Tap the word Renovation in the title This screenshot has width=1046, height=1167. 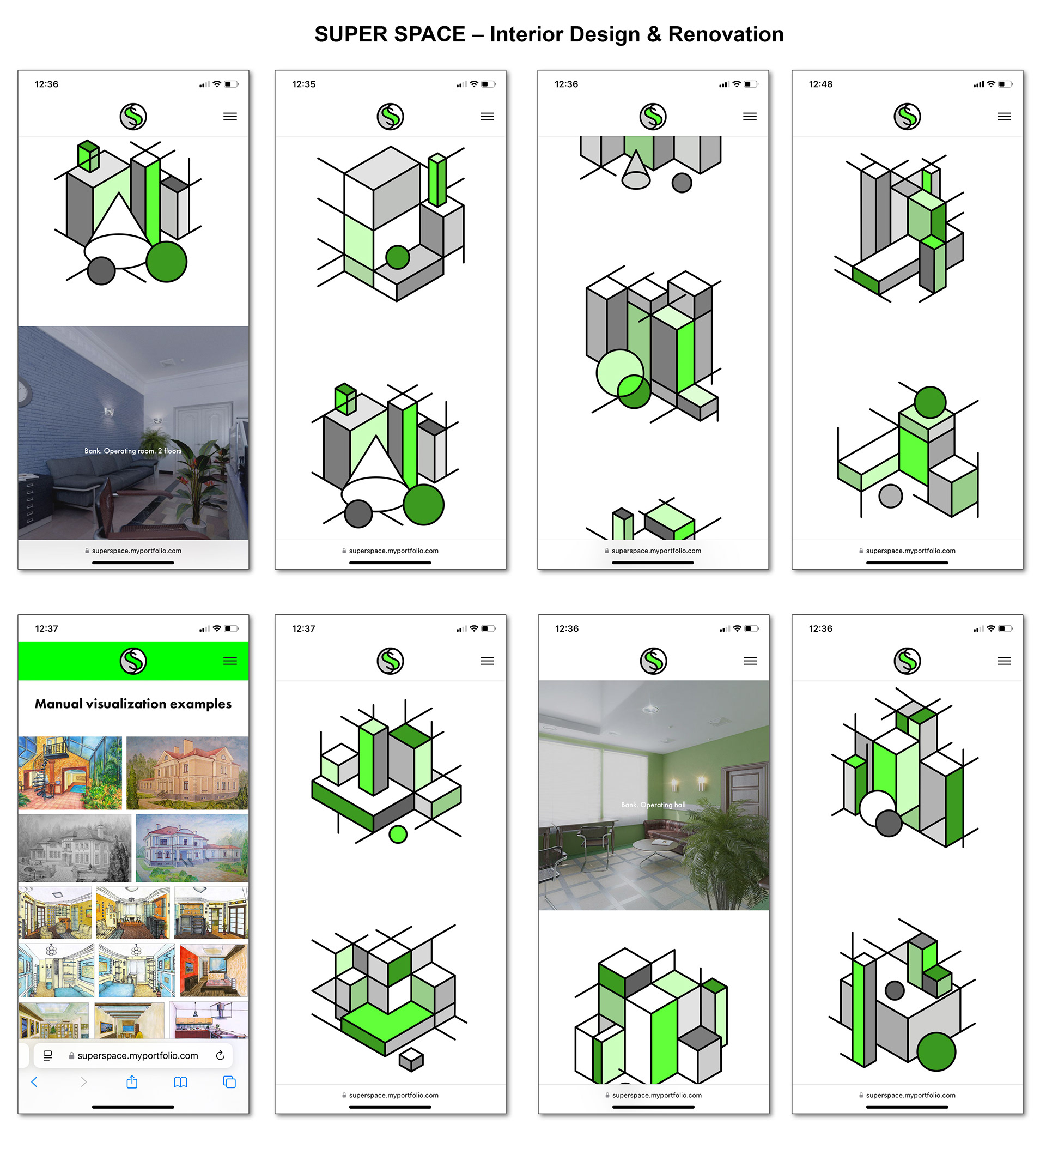pyautogui.click(x=726, y=34)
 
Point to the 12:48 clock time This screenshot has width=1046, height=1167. pyautogui.click(x=820, y=84)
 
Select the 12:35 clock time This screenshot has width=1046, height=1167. pyautogui.click(x=303, y=84)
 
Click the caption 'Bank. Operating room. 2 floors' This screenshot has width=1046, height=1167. pyautogui.click(x=133, y=451)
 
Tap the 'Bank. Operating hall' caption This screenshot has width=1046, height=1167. pyautogui.click(x=653, y=805)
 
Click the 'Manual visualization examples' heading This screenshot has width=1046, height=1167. pyautogui.click(x=133, y=704)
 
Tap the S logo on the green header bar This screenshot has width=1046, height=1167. pyautogui.click(x=133, y=661)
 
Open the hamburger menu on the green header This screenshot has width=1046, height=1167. pyautogui.click(x=230, y=661)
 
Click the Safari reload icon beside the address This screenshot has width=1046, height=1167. pyautogui.click(x=220, y=1055)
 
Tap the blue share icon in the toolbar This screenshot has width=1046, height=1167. pyautogui.click(x=132, y=1082)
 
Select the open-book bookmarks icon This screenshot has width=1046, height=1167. pyautogui.click(x=180, y=1083)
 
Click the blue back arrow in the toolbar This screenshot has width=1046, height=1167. pyautogui.click(x=34, y=1082)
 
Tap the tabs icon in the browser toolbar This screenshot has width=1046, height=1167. pyautogui.click(x=229, y=1082)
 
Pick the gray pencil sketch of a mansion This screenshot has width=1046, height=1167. pyautogui.click(x=75, y=848)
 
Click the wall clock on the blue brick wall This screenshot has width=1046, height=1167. pyautogui.click(x=23, y=392)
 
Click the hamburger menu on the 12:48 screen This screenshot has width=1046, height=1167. pyautogui.click(x=1004, y=117)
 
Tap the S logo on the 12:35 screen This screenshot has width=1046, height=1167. pyautogui.click(x=390, y=117)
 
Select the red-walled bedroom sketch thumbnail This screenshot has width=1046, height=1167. pyautogui.click(x=214, y=970)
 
